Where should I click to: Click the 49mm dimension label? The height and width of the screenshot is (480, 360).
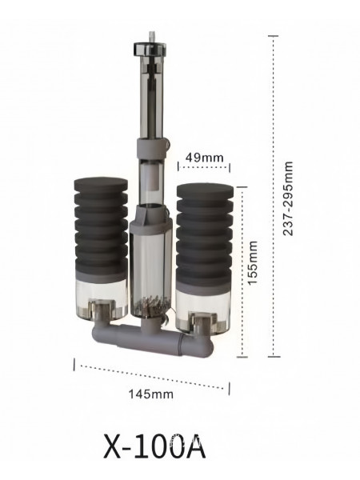click(x=204, y=158)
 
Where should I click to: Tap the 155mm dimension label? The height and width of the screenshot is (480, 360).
click(x=253, y=263)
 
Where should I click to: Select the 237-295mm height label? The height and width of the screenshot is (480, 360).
click(x=288, y=198)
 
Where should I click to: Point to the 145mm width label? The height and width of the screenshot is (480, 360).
click(x=150, y=394)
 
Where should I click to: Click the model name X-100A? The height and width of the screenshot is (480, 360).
click(x=154, y=446)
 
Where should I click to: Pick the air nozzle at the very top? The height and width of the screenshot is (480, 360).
click(x=150, y=37)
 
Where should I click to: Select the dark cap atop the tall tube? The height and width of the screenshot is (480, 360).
click(x=150, y=49)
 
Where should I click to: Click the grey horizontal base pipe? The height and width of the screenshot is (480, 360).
click(x=153, y=339)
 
